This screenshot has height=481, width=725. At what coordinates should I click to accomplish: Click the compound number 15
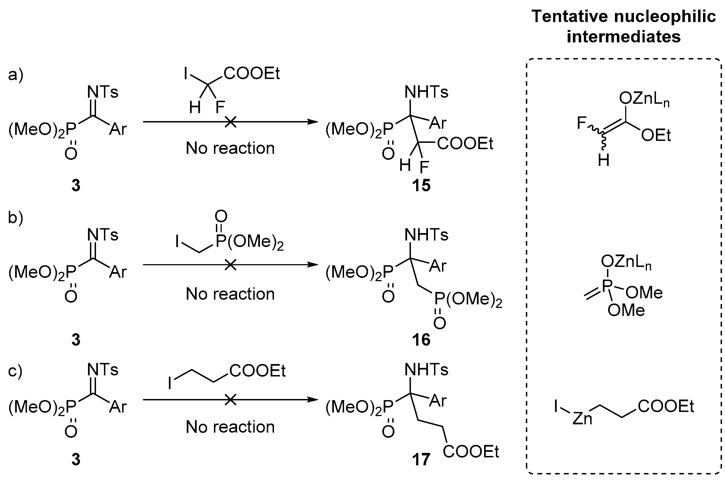pyautogui.click(x=421, y=185)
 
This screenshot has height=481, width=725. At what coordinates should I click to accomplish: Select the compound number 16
pyautogui.click(x=421, y=340)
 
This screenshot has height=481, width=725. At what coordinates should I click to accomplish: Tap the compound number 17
pyautogui.click(x=421, y=460)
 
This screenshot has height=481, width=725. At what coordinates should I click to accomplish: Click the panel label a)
pyautogui.click(x=16, y=75)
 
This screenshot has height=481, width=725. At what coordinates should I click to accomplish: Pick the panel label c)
pyautogui.click(x=15, y=371)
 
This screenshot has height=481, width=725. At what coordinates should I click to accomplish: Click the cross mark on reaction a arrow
pyautogui.click(x=230, y=122)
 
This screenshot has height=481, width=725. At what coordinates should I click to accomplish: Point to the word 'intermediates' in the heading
pyautogui.click(x=624, y=37)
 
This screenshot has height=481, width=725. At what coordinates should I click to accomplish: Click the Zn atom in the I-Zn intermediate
pyautogui.click(x=582, y=419)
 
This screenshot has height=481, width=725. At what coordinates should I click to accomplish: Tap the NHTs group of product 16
pyautogui.click(x=426, y=235)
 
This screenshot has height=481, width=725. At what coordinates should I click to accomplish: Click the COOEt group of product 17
pyautogui.click(x=471, y=452)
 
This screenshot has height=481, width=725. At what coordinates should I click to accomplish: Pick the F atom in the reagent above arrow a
pyautogui.click(x=220, y=107)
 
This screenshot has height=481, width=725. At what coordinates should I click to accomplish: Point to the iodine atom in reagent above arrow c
pyautogui.click(x=170, y=383)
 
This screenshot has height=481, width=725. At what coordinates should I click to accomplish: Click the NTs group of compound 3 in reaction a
pyautogui.click(x=102, y=92)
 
